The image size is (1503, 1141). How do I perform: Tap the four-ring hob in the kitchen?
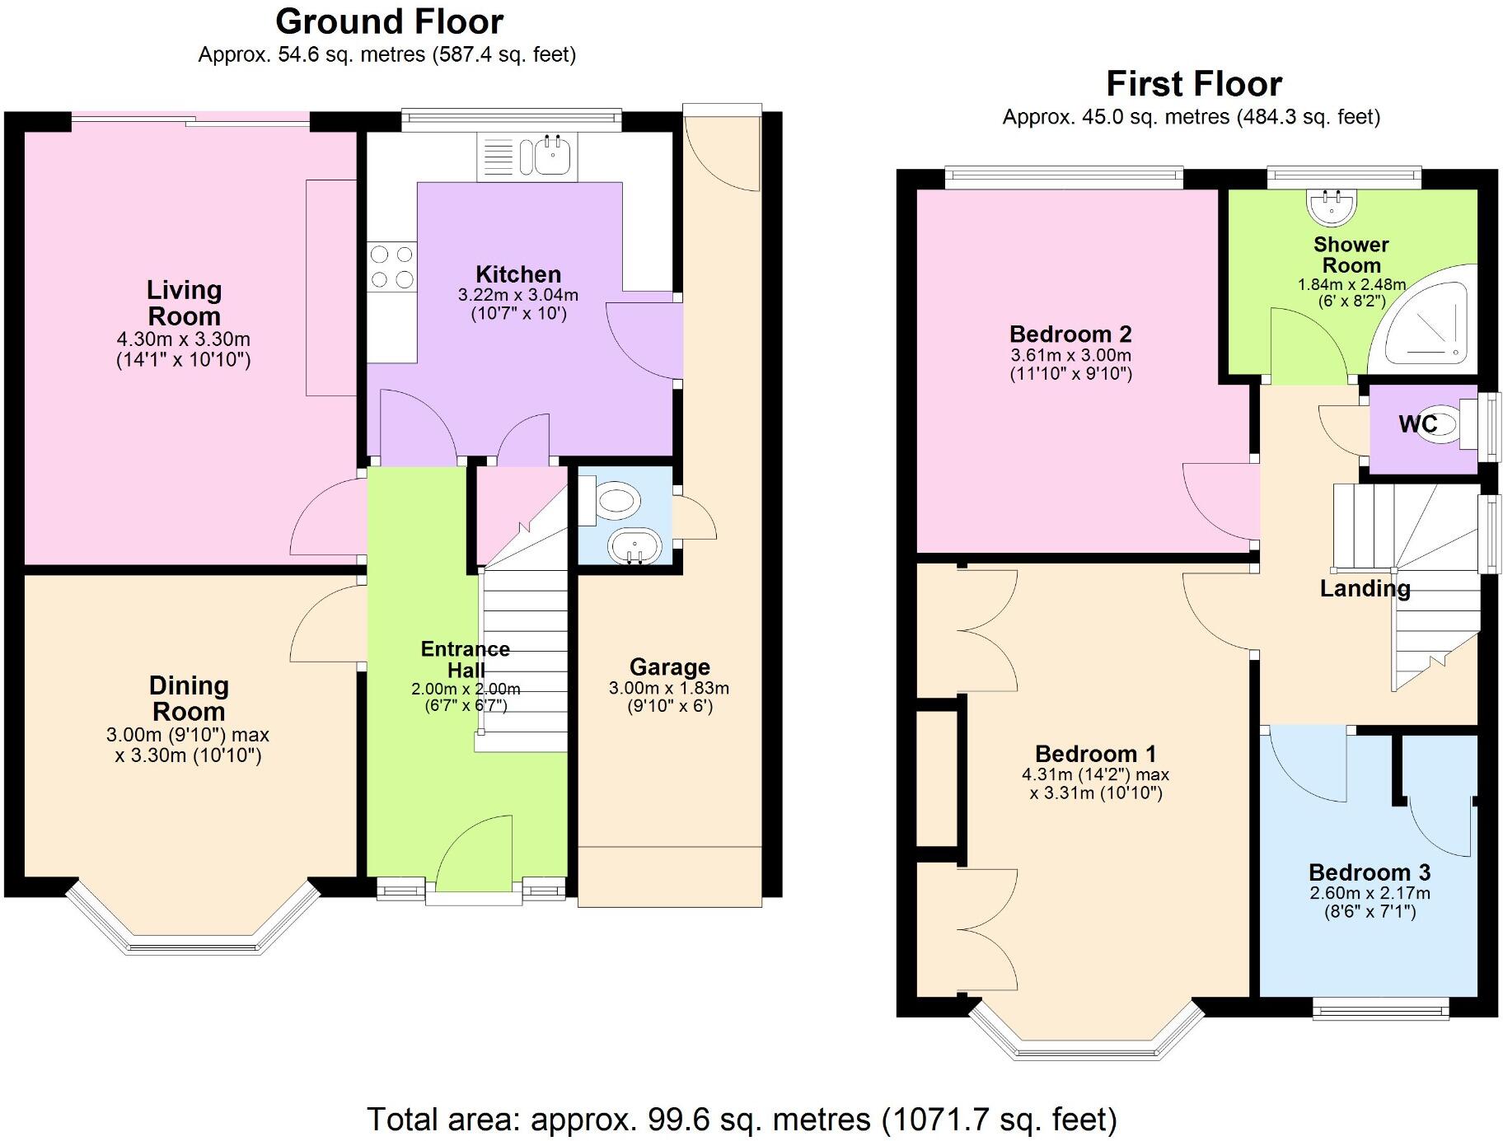pyautogui.click(x=392, y=267)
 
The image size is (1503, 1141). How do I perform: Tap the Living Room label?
pyautogui.click(x=184, y=302)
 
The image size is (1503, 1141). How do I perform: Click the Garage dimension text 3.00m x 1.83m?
pyautogui.click(x=668, y=688)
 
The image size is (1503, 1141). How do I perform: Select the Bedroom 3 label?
pyautogui.click(x=1369, y=872)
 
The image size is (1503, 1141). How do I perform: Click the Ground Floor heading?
pyautogui.click(x=389, y=21)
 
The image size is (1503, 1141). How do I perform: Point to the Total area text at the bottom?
pyautogui.click(x=742, y=1120)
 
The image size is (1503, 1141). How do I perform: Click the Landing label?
pyautogui.click(x=1365, y=588)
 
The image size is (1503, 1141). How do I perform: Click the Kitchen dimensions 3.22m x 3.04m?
pyautogui.click(x=517, y=295)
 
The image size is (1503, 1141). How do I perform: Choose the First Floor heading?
pyautogui.click(x=1193, y=84)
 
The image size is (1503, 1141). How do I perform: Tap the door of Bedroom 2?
pyautogui.click(x=1220, y=507)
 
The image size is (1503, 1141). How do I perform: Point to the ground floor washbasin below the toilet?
pyautogui.click(x=634, y=545)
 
